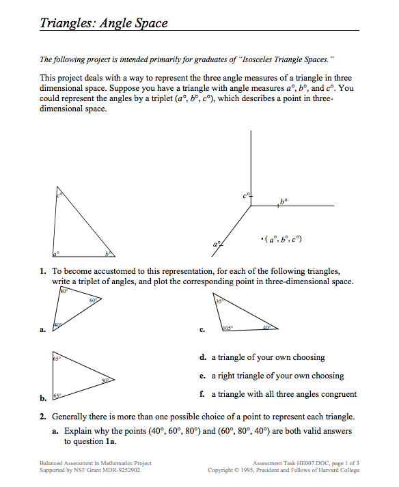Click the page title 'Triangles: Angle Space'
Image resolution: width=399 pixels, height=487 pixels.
pos(103,24)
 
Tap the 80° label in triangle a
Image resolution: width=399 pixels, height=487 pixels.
pos(64,292)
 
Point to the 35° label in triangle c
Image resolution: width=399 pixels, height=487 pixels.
pos(219,301)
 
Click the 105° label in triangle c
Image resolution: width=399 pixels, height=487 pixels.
pos(228,329)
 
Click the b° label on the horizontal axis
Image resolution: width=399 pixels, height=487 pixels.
pos(284,201)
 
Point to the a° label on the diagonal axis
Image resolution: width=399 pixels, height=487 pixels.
pos(217,243)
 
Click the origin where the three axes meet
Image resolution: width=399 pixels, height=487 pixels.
pos(251,205)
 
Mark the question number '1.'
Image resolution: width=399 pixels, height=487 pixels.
pos(43,271)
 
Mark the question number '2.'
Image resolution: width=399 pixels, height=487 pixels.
pos(43,416)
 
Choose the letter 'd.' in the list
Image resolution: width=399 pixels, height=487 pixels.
pos(203,357)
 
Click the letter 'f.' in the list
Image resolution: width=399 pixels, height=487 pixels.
pos(203,394)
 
